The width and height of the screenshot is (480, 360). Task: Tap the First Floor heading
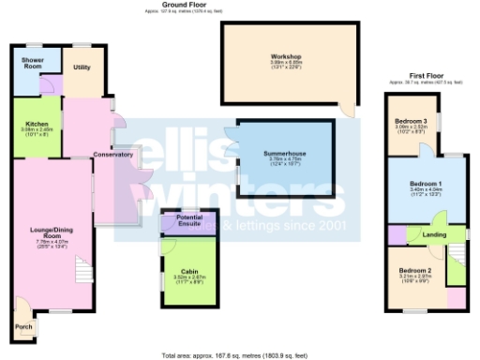[x=425, y=75]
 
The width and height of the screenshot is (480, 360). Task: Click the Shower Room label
[x=33, y=64]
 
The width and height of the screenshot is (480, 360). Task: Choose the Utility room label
[x=82, y=67]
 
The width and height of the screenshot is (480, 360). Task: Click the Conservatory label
[x=113, y=154]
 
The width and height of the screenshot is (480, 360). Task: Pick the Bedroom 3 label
[x=411, y=121]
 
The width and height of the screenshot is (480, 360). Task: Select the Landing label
[x=433, y=233]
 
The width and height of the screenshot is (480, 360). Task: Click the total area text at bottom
[x=239, y=355]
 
